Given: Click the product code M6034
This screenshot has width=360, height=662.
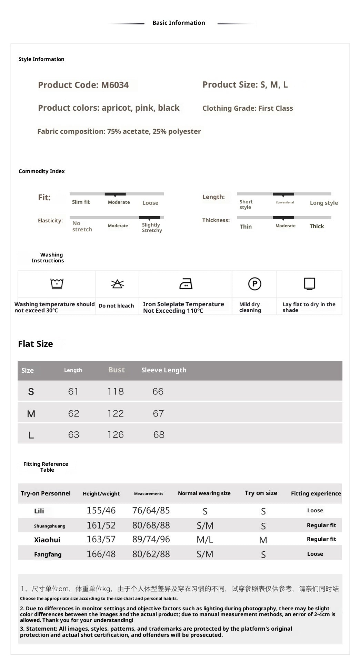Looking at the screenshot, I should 115,85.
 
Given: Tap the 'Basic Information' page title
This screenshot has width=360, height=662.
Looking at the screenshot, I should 179,23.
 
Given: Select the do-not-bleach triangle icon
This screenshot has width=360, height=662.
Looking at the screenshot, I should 117,284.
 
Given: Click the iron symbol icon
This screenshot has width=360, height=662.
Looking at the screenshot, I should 186,284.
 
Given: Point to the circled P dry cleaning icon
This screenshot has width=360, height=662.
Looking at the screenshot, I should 254,284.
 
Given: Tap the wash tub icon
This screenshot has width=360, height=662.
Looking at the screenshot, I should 57,284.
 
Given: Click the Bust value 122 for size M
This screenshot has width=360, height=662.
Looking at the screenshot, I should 116,413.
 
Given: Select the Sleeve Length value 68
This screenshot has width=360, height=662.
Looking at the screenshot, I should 159,435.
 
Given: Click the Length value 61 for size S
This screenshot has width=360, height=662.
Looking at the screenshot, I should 73,391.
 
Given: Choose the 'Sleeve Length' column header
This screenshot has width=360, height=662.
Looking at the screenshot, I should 164,370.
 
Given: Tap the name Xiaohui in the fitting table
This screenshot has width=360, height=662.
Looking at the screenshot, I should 47,540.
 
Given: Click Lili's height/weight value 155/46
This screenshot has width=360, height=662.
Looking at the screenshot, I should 101,510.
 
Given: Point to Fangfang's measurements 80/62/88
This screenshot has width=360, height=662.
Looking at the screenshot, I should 151,554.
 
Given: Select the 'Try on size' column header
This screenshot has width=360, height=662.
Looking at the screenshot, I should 261,493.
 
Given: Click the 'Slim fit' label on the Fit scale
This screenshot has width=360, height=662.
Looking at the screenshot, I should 81,202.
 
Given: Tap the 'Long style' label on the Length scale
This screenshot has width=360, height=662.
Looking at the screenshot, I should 324,203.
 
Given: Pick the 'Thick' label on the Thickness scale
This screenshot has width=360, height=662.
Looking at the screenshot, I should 317,226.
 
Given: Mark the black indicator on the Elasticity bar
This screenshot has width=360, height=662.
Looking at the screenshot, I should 149,218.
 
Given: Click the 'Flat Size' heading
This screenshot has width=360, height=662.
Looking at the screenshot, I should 36,344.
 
